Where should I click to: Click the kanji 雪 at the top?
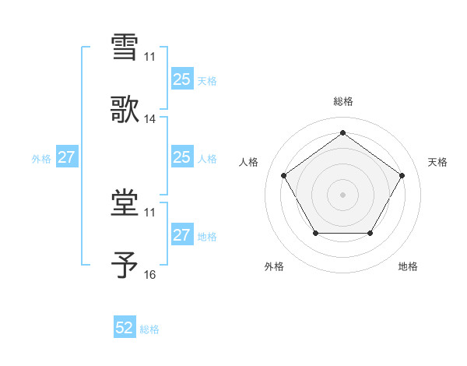click(125, 47)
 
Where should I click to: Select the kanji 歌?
click(125, 110)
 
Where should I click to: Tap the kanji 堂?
click(125, 203)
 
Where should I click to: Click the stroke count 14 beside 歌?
click(150, 119)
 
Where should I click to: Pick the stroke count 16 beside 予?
click(150, 276)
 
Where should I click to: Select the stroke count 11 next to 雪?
click(150, 56)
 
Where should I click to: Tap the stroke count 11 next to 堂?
click(150, 213)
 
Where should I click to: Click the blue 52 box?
click(125, 328)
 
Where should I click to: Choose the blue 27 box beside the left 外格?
click(66, 157)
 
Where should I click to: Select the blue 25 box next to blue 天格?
click(181, 79)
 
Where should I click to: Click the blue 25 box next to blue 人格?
click(181, 157)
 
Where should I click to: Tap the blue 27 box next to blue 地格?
click(181, 235)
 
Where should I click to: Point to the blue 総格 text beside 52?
click(149, 329)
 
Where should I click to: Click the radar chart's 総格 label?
click(342, 102)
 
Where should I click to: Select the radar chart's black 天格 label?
click(437, 162)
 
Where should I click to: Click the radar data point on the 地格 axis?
click(370, 233)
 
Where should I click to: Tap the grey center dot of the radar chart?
click(342, 194)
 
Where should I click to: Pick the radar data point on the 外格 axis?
click(315, 233)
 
